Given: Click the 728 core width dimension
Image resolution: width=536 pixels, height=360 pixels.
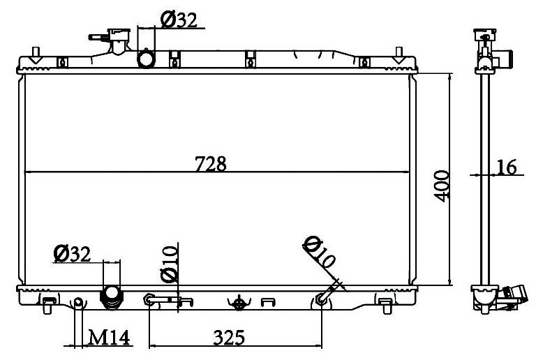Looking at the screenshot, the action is [x=211, y=164].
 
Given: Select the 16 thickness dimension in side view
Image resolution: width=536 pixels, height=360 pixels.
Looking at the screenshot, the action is [x=506, y=167].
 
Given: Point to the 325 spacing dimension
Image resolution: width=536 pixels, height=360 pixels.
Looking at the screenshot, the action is [x=229, y=338].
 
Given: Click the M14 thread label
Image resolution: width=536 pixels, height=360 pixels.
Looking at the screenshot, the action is [x=109, y=338].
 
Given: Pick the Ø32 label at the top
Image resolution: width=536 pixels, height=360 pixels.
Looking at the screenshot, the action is [x=179, y=20].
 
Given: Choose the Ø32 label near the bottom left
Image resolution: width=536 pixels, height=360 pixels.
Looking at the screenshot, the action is [x=72, y=254].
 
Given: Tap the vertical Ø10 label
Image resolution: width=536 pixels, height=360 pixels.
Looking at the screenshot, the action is [x=170, y=264].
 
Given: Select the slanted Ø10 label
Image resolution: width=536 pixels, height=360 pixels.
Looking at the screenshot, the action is [x=319, y=252].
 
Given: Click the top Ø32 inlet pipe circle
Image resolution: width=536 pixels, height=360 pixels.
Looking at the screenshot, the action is [x=147, y=59].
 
